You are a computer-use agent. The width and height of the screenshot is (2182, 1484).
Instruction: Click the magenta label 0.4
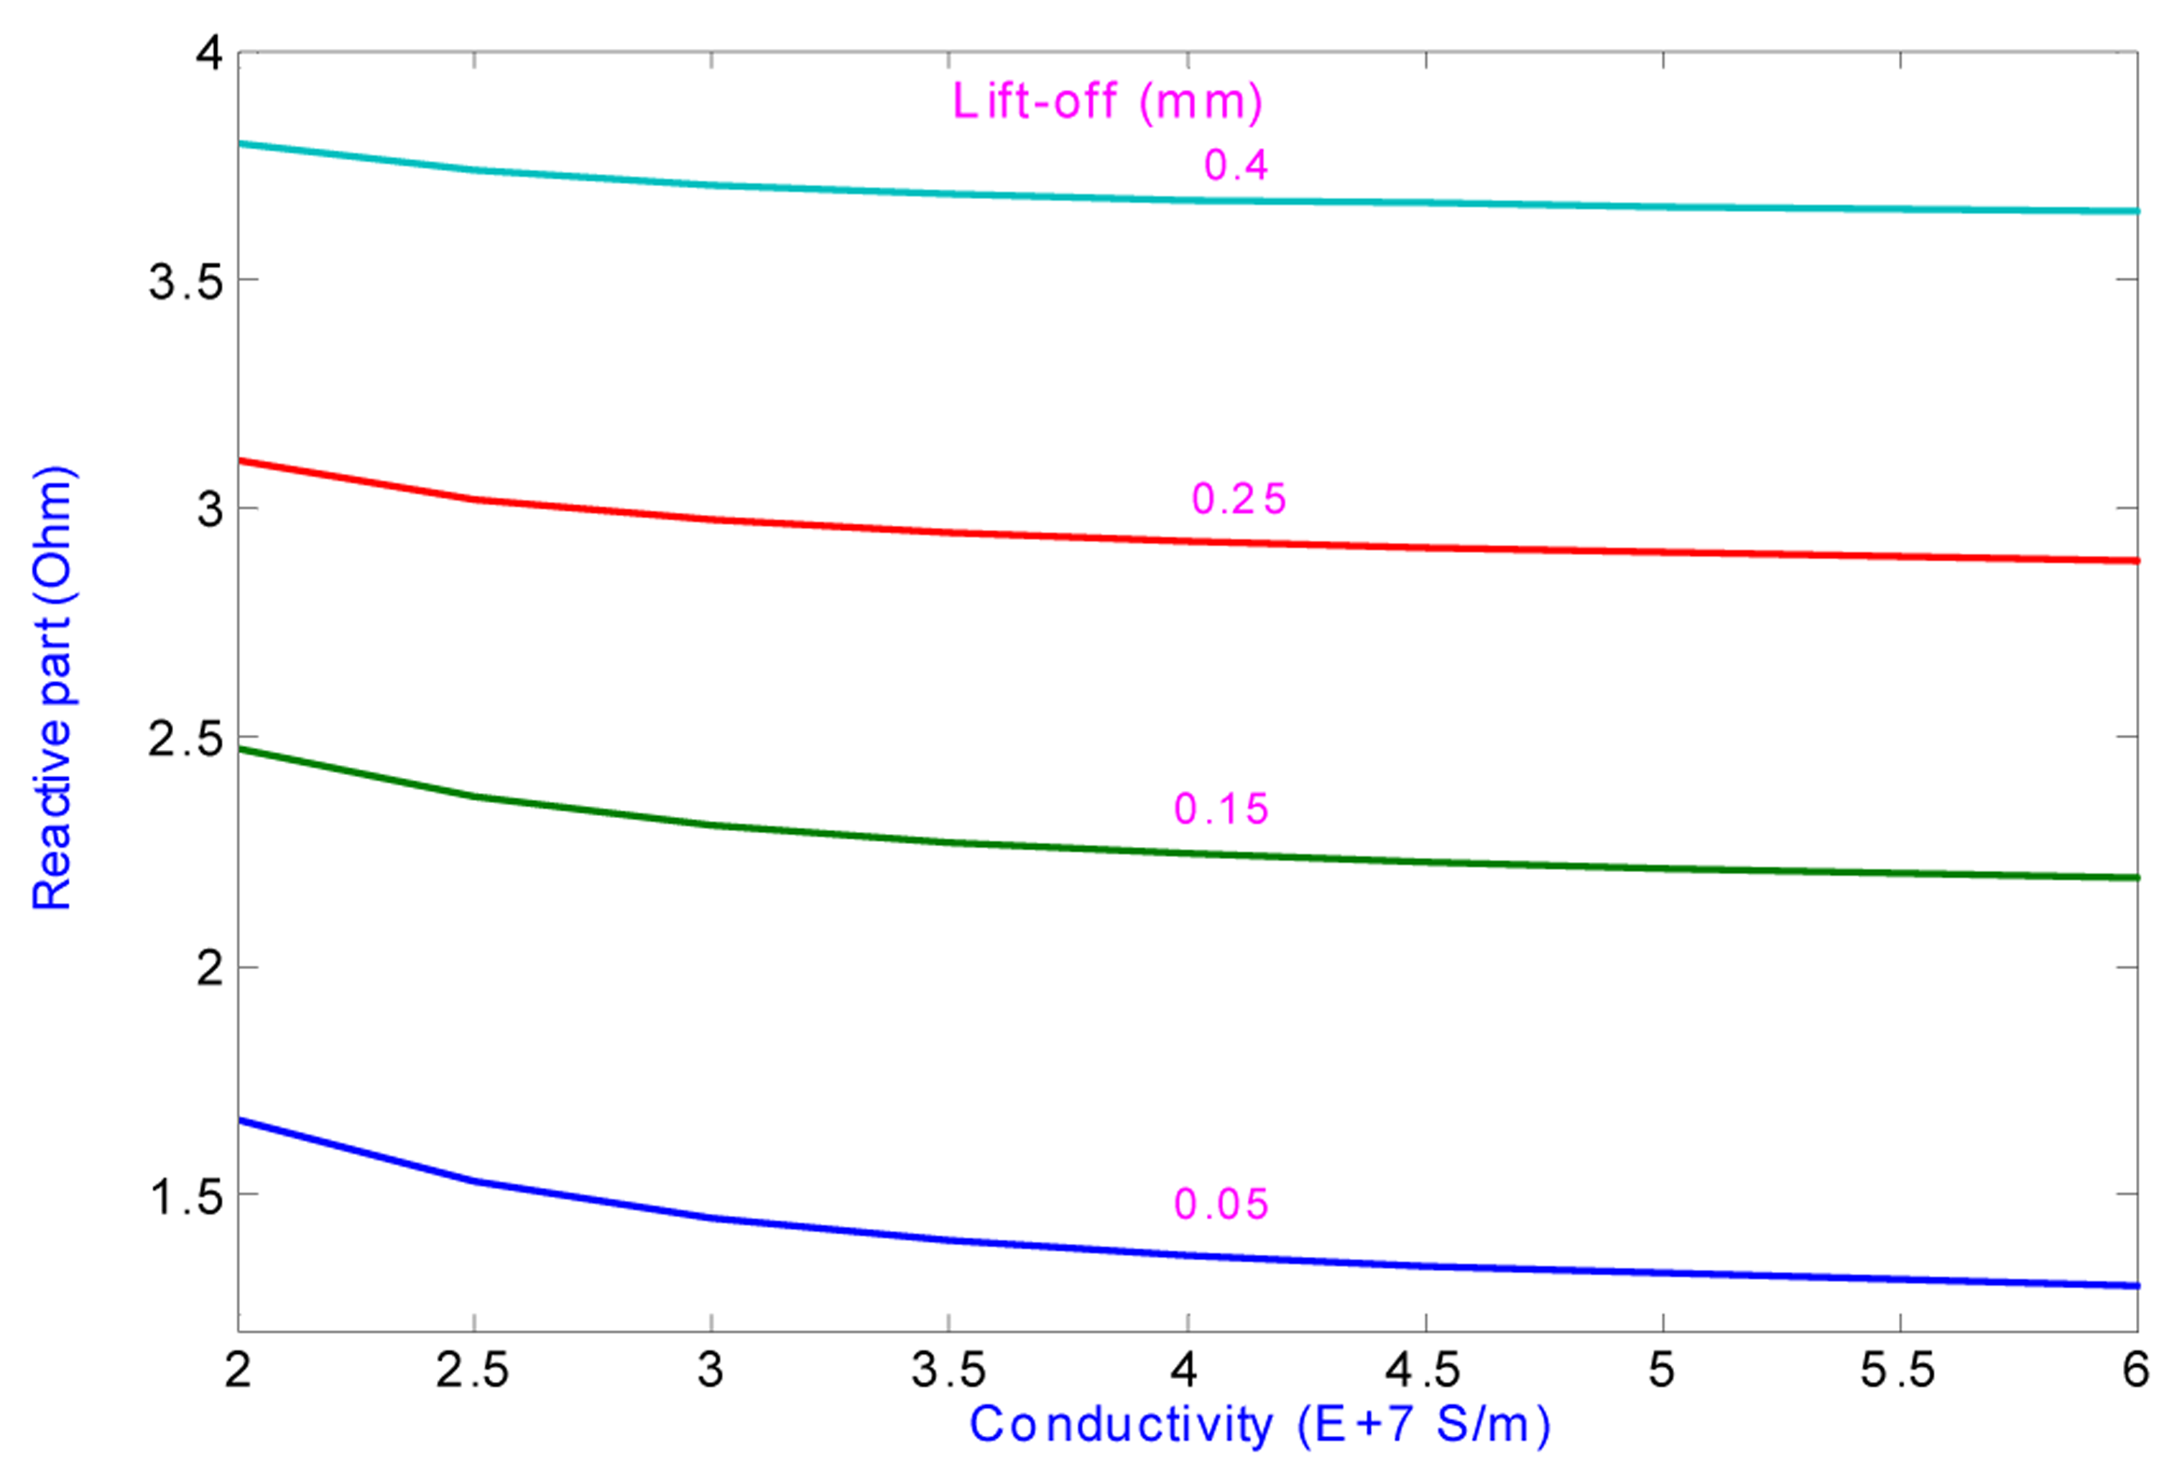(1236, 165)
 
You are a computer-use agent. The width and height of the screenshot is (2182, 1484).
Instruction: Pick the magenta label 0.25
(1239, 499)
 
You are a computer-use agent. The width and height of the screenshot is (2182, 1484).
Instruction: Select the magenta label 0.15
(1221, 809)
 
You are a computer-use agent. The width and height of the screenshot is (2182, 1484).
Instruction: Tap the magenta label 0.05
(1221, 1205)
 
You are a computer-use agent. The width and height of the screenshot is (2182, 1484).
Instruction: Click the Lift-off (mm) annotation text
(1108, 101)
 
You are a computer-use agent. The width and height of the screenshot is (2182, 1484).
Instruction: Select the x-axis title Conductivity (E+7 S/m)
(1259, 1424)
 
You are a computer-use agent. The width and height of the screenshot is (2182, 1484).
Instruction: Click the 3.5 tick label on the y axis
(186, 281)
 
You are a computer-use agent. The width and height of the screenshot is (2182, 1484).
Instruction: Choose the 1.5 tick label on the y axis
(186, 1197)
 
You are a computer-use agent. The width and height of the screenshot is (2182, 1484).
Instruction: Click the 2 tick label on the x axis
(238, 1371)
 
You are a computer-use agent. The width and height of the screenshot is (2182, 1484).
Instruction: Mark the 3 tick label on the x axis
(711, 1371)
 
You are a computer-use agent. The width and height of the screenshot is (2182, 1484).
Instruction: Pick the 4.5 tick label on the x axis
(1423, 1371)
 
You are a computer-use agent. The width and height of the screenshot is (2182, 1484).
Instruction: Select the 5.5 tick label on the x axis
(1898, 1371)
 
